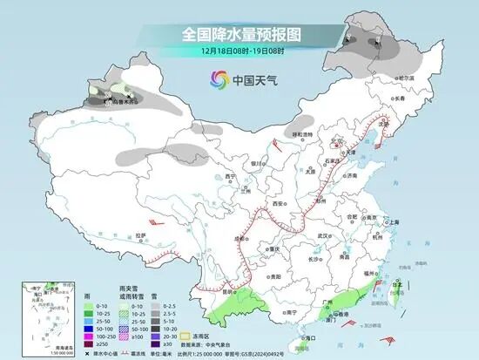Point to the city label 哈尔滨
pyautogui.click(x=405, y=78)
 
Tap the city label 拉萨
pyautogui.click(x=139, y=234)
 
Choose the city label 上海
pyautogui.click(x=395, y=221)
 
